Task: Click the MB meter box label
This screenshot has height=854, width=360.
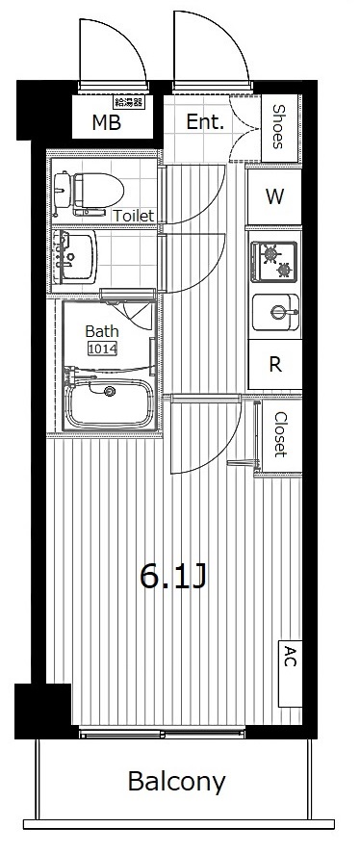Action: (x=106, y=123)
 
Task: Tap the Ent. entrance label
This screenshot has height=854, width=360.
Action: (x=205, y=122)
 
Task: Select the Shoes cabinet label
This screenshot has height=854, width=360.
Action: (x=278, y=126)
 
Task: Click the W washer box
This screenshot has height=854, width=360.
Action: (x=274, y=196)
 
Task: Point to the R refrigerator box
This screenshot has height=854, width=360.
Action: (x=275, y=364)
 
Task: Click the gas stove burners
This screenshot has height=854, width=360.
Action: (x=274, y=263)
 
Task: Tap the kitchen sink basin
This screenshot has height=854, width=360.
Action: (x=275, y=313)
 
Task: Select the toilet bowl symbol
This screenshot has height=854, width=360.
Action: (x=89, y=191)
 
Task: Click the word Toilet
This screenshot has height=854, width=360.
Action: (x=134, y=216)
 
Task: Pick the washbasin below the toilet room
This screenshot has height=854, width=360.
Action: (x=76, y=256)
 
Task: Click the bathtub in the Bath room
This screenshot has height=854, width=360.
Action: (x=110, y=402)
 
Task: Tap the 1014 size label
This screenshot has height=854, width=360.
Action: (x=102, y=349)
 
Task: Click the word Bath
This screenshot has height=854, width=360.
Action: (x=102, y=331)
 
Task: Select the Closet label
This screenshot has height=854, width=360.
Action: (x=280, y=434)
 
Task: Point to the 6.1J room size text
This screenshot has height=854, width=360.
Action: (x=173, y=578)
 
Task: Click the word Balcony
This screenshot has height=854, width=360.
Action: (x=176, y=782)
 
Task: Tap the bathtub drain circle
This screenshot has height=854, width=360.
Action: (x=111, y=391)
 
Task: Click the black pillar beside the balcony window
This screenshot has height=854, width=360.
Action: (x=43, y=711)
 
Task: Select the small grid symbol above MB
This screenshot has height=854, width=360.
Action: (x=129, y=102)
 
